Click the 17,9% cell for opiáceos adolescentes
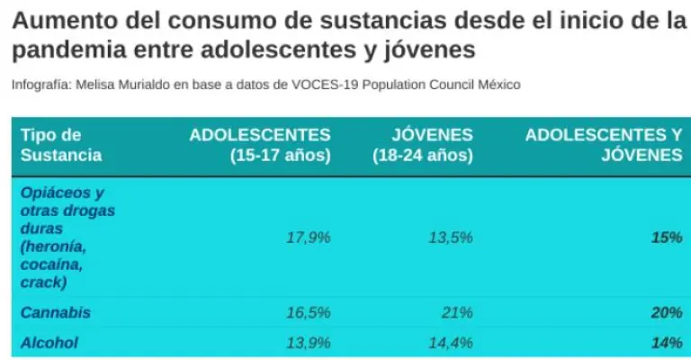coord(309,238)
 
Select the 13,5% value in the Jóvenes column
coord(450,238)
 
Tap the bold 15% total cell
coord(667,238)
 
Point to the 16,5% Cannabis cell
coord(309,313)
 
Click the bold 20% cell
coord(667,313)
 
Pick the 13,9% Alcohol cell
coord(309,343)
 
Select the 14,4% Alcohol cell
coord(450,343)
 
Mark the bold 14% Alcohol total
coord(667,343)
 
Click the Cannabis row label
coord(56,313)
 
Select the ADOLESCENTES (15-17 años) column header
coord(260,145)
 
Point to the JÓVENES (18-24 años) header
coord(423,145)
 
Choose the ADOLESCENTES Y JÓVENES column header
coord(604,145)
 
